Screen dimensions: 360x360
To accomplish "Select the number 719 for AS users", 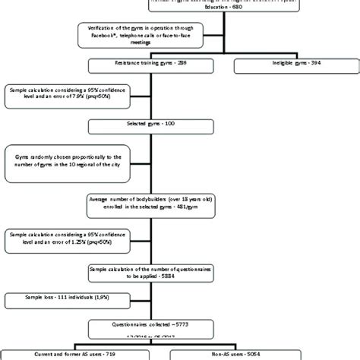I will pyautogui.click(x=111, y=354).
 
